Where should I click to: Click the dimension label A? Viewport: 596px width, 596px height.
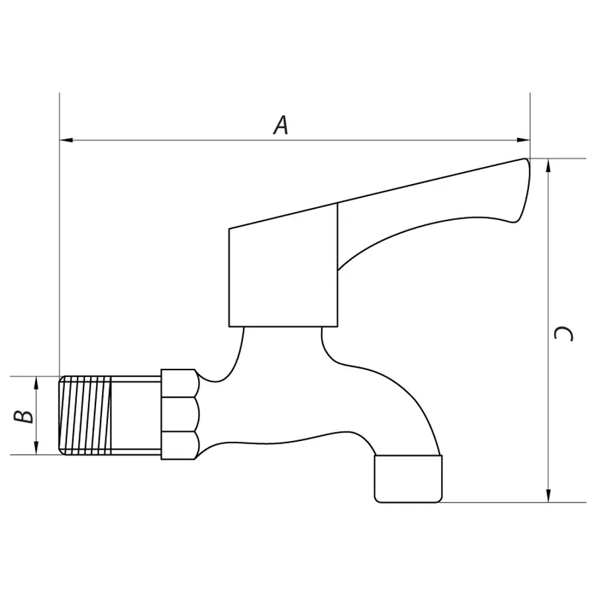281,125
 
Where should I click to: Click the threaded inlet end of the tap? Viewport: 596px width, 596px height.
85,415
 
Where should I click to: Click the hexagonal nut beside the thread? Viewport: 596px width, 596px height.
179,415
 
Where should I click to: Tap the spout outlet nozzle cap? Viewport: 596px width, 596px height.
408,478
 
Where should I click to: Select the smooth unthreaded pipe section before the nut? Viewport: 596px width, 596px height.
136,415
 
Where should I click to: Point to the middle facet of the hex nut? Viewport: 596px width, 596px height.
179,415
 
